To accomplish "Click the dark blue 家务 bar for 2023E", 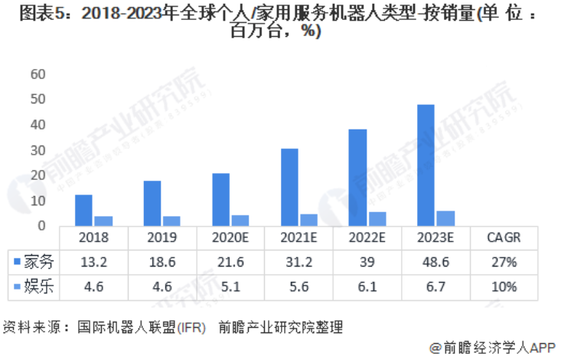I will click(426, 165).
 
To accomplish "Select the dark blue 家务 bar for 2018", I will click(83, 210).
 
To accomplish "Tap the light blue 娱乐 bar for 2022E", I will click(377, 218).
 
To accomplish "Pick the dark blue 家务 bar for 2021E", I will click(289, 187).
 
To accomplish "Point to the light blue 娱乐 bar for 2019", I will click(172, 221).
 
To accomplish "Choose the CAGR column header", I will click(504, 237).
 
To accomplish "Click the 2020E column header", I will click(230, 237).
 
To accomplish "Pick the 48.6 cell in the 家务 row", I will click(435, 262).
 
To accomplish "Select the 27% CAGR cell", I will click(504, 262).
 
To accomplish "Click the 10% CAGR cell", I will click(504, 286).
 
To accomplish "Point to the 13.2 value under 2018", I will click(93, 262).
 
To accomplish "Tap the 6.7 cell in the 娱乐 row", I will click(435, 286).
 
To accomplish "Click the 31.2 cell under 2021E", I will click(298, 262).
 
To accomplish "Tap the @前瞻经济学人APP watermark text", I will click(491, 347).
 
